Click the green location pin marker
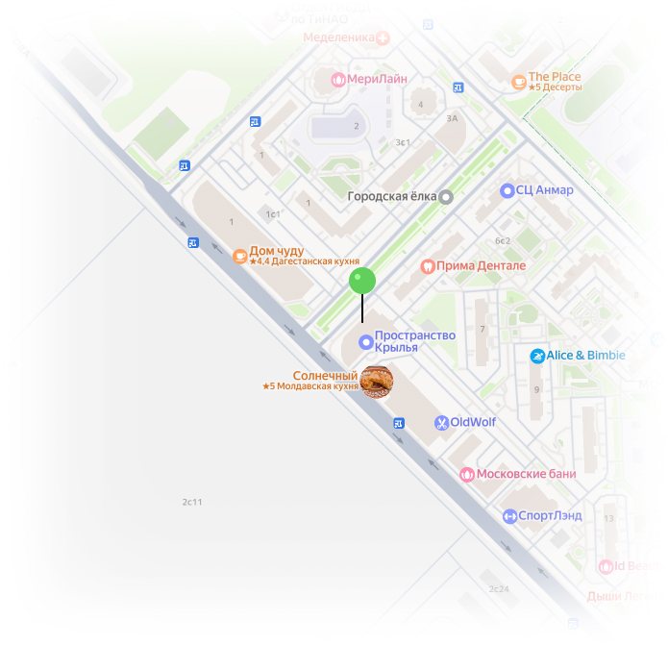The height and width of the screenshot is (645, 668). pyautogui.click(x=361, y=281)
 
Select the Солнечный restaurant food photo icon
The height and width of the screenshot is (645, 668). pyautogui.click(x=376, y=381)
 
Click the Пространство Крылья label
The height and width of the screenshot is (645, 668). pyautogui.click(x=401, y=341)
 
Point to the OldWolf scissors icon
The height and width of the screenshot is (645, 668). pyautogui.click(x=440, y=422)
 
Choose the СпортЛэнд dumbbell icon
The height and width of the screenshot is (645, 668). pyautogui.click(x=509, y=516)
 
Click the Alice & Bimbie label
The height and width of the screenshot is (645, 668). pyautogui.click(x=585, y=356)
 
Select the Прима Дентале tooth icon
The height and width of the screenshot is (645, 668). pyautogui.click(x=428, y=266)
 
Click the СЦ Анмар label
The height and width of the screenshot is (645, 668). pyautogui.click(x=544, y=190)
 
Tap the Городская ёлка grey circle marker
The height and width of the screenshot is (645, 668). pyautogui.click(x=446, y=197)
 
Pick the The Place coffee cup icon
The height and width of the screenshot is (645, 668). pyautogui.click(x=519, y=82)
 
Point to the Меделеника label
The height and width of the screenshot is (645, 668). pyautogui.click(x=338, y=38)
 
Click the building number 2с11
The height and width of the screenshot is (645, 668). pyautogui.click(x=192, y=502)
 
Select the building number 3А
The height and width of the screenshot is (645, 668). pyautogui.click(x=452, y=118)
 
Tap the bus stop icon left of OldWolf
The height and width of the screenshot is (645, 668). pyautogui.click(x=399, y=423)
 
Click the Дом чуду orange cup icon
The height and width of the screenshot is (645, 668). pyautogui.click(x=239, y=256)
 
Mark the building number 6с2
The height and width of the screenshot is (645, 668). pyautogui.click(x=502, y=240)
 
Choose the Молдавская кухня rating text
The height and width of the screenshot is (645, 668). pyautogui.click(x=310, y=386)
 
